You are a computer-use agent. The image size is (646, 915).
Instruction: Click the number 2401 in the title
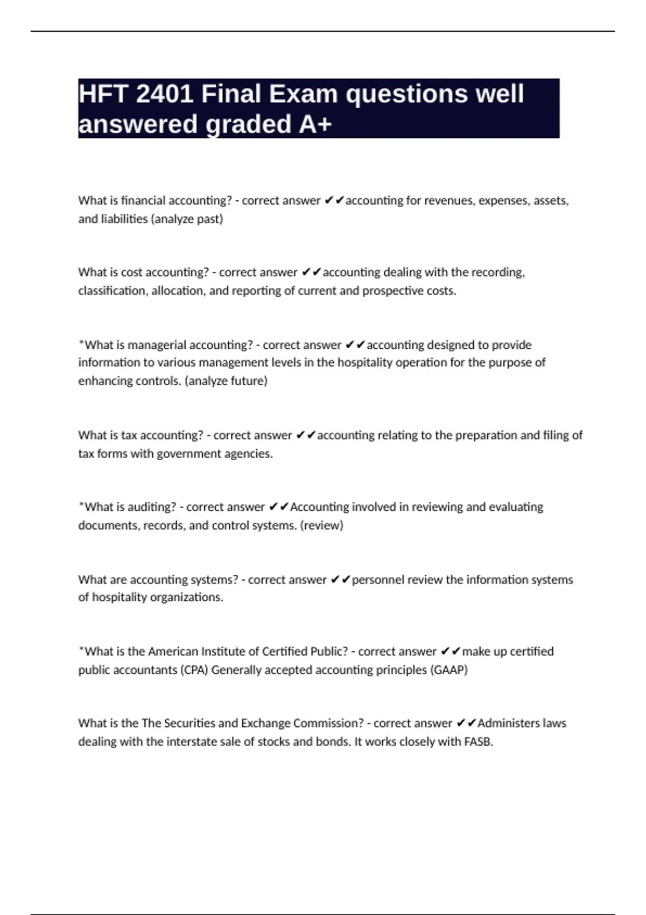coord(164,94)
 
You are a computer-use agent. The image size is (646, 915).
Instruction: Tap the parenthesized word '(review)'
coord(322,525)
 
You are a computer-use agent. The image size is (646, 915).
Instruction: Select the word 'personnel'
coord(377,580)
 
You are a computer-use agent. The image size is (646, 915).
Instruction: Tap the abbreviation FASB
coord(478,742)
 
